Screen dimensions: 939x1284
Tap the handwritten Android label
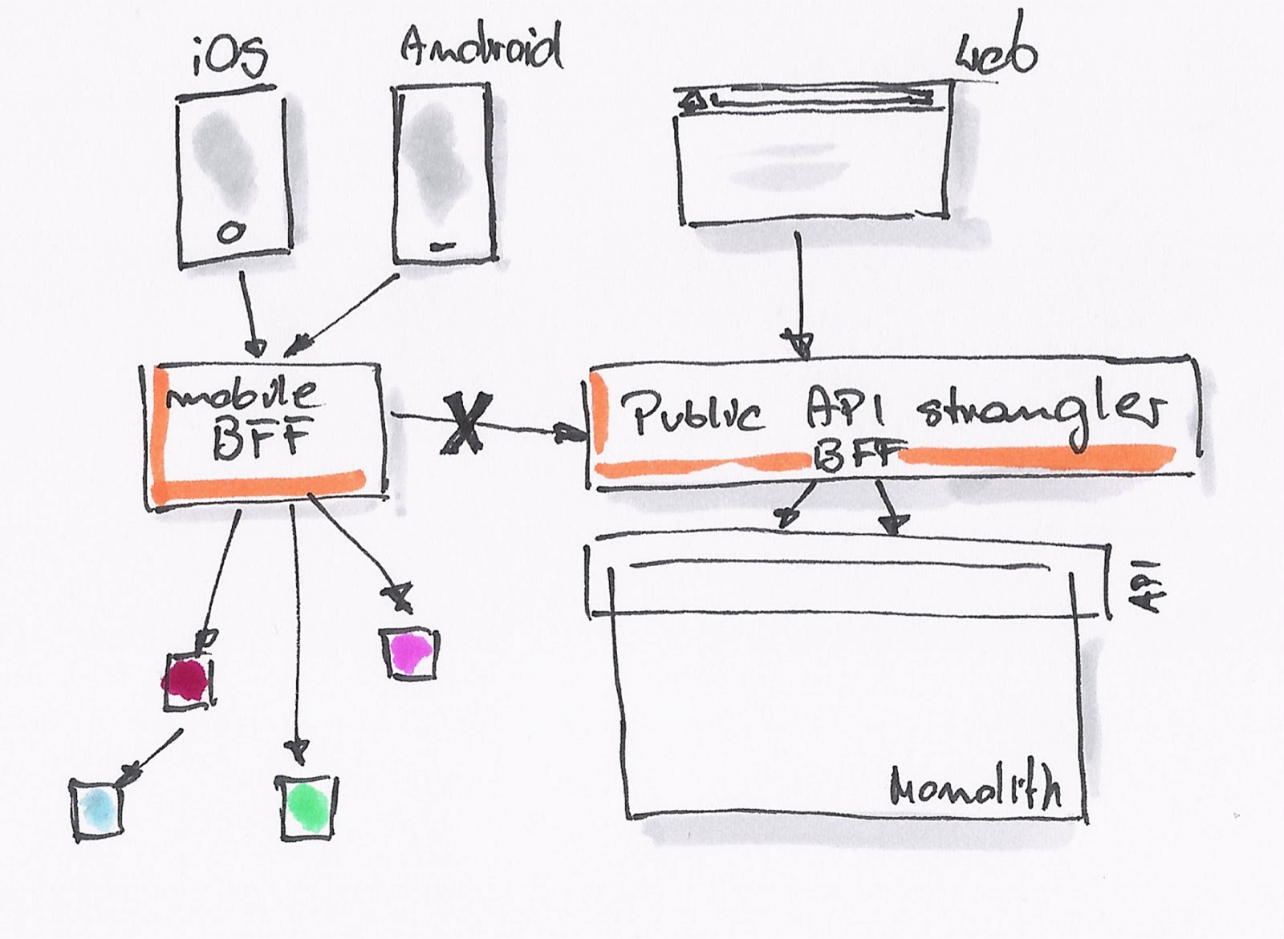pyautogui.click(x=481, y=48)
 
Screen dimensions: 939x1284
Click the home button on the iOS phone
pyautogui.click(x=231, y=233)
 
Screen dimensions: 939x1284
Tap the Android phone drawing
pyautogui.click(x=442, y=174)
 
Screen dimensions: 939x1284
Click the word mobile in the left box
pyautogui.click(x=242, y=394)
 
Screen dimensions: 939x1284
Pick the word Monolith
pyautogui.click(x=975, y=787)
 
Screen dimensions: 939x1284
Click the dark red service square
pyautogui.click(x=188, y=681)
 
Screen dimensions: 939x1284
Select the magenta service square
pyautogui.click(x=410, y=652)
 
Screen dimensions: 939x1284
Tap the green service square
pyautogui.click(x=307, y=806)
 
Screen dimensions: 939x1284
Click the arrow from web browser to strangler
pyautogui.click(x=799, y=293)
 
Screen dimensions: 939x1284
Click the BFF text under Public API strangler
pyautogui.click(x=856, y=457)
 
